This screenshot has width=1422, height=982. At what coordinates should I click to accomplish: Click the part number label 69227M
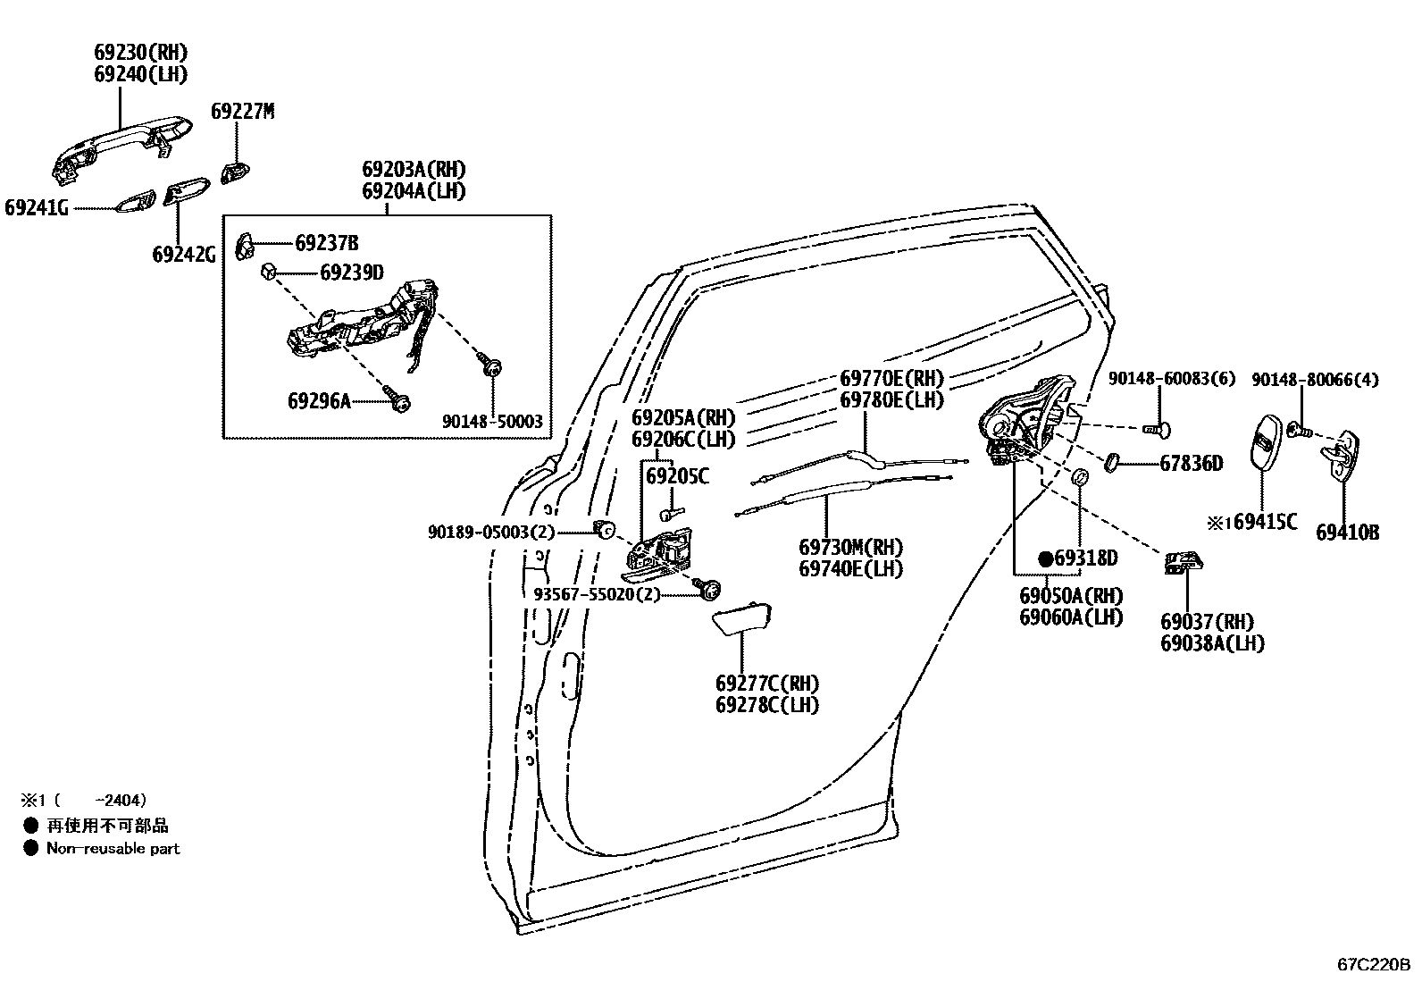tap(242, 112)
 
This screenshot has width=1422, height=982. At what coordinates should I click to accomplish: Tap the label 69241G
tap(37, 208)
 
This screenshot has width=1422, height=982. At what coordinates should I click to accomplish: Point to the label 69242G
tap(183, 255)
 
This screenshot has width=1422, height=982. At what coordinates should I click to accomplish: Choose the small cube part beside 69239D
tap(267, 271)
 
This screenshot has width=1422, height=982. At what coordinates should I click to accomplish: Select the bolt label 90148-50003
tap(492, 422)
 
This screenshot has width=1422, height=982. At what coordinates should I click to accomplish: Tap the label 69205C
tap(676, 477)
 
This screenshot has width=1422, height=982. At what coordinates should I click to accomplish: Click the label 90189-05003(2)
tap(491, 533)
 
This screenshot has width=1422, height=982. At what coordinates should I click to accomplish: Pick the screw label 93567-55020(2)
tap(597, 594)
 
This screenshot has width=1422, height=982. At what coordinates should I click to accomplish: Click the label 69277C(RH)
tap(766, 684)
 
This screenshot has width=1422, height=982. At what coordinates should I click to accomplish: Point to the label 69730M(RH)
tap(850, 547)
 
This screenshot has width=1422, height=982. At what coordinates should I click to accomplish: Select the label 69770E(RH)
tap(891, 378)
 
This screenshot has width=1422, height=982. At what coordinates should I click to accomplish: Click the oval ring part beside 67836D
tap(1113, 462)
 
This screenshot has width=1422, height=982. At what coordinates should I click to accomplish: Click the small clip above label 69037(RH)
tap(1184, 562)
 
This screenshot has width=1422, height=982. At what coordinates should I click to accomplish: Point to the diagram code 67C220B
tap(1373, 965)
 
